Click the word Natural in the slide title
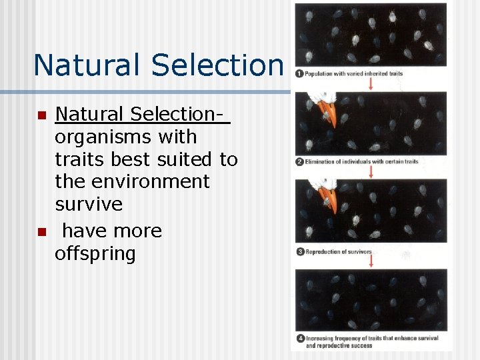point(89,65)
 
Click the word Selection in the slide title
point(218,65)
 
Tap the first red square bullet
point(41,116)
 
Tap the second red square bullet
point(41,232)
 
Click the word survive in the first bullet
point(89,204)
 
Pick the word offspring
point(95,254)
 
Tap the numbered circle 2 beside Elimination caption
point(299,162)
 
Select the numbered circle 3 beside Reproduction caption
point(299,251)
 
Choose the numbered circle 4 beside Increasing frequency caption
point(299,339)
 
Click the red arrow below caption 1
point(371,83)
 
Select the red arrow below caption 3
point(371,261)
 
